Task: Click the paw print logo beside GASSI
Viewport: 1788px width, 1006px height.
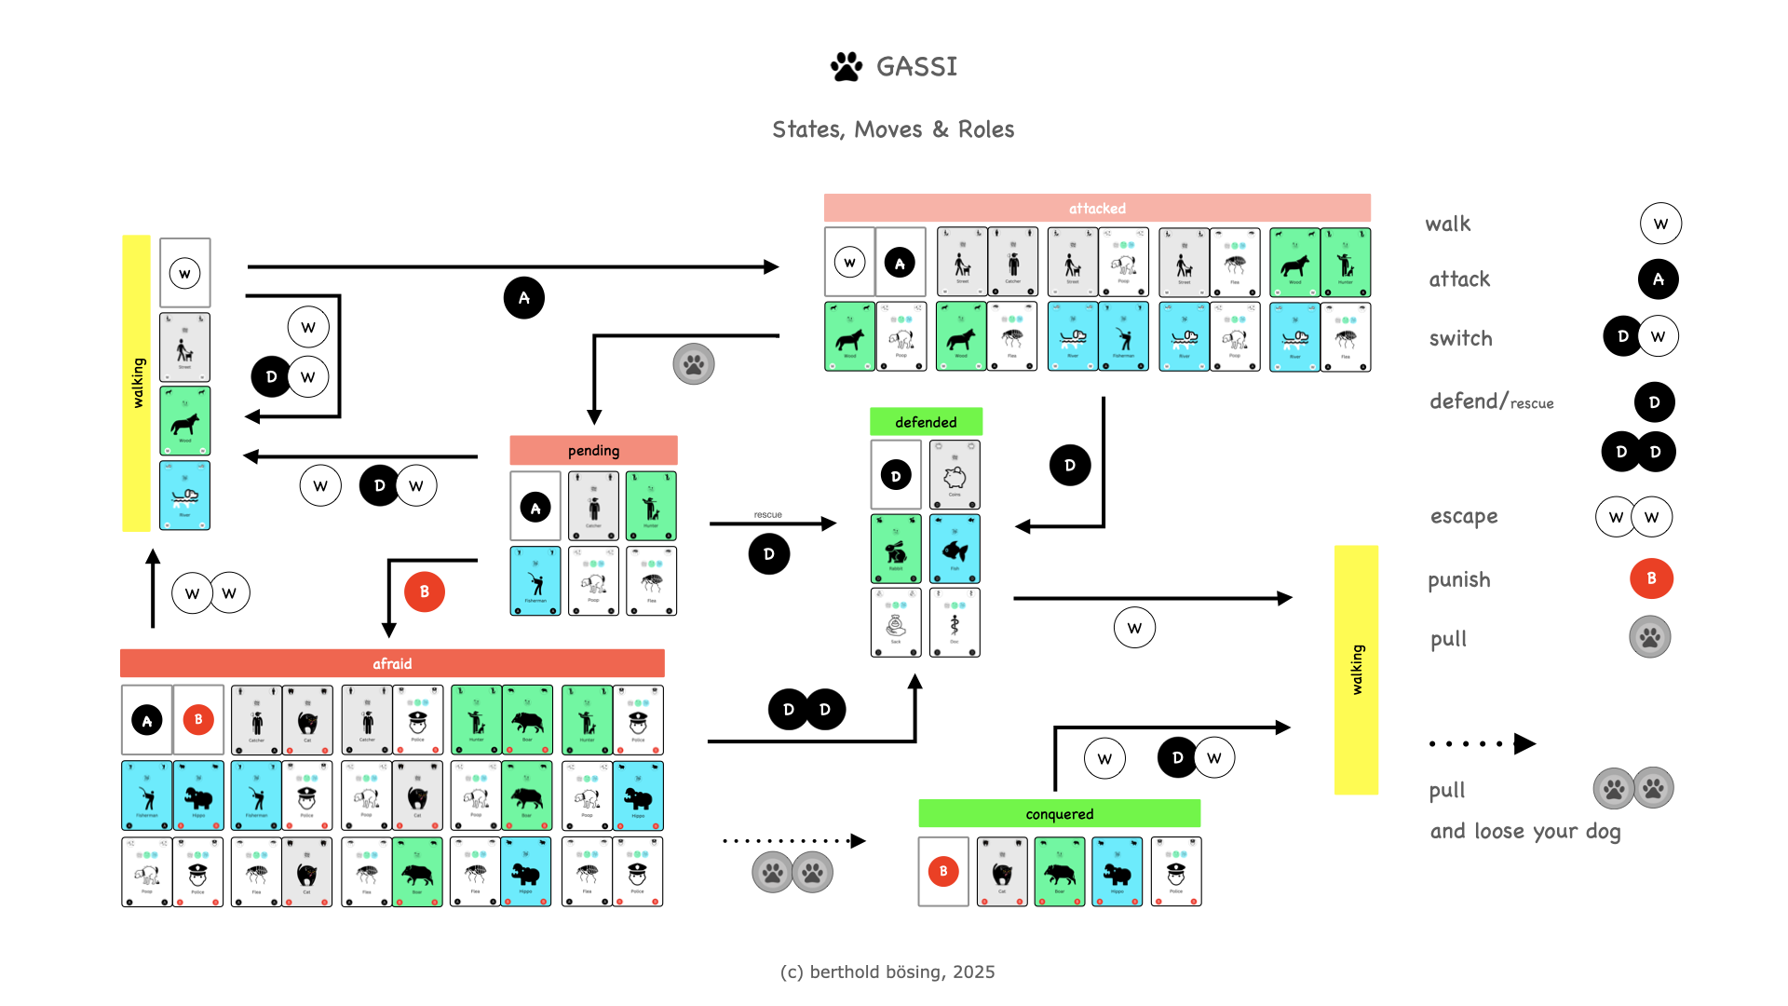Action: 846,66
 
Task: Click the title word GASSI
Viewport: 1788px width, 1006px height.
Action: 916,66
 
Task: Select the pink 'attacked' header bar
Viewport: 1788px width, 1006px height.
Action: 1097,208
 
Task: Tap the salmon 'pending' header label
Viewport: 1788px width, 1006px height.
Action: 593,450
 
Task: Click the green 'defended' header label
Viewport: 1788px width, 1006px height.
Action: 926,422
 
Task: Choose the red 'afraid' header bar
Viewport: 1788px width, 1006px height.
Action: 392,663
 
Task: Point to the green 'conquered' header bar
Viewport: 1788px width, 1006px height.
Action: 1059,813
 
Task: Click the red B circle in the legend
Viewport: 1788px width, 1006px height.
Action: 1651,578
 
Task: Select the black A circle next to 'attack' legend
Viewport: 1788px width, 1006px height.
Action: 1658,279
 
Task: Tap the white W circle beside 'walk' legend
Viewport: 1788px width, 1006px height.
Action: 1660,224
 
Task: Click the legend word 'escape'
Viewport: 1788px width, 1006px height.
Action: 1464,516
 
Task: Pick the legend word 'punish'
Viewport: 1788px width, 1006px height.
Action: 1459,579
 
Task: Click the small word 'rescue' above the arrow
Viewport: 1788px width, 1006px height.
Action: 767,514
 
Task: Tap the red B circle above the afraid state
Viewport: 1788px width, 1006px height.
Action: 425,591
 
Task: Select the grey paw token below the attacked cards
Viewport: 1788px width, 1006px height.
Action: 694,363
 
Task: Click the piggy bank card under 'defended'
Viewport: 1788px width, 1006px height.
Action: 955,475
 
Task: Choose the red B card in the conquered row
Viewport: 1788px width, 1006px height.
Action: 943,872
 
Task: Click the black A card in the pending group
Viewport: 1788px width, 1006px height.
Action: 535,508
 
